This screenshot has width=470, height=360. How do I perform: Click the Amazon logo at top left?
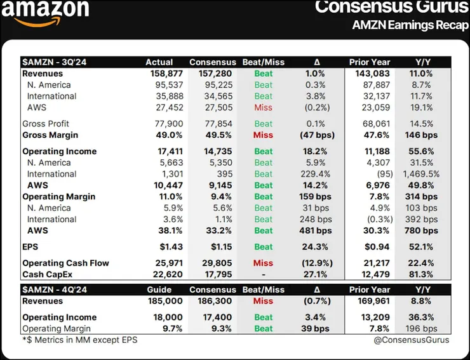50,14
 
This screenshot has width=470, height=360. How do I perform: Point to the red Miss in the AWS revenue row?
263,108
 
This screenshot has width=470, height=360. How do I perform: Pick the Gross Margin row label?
50,135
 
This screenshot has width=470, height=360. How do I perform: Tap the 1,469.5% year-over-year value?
421,174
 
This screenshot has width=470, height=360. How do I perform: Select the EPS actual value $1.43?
170,247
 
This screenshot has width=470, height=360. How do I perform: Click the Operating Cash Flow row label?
65,263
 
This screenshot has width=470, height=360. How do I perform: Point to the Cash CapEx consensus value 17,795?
211,274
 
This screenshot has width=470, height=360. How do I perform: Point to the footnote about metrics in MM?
79,340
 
